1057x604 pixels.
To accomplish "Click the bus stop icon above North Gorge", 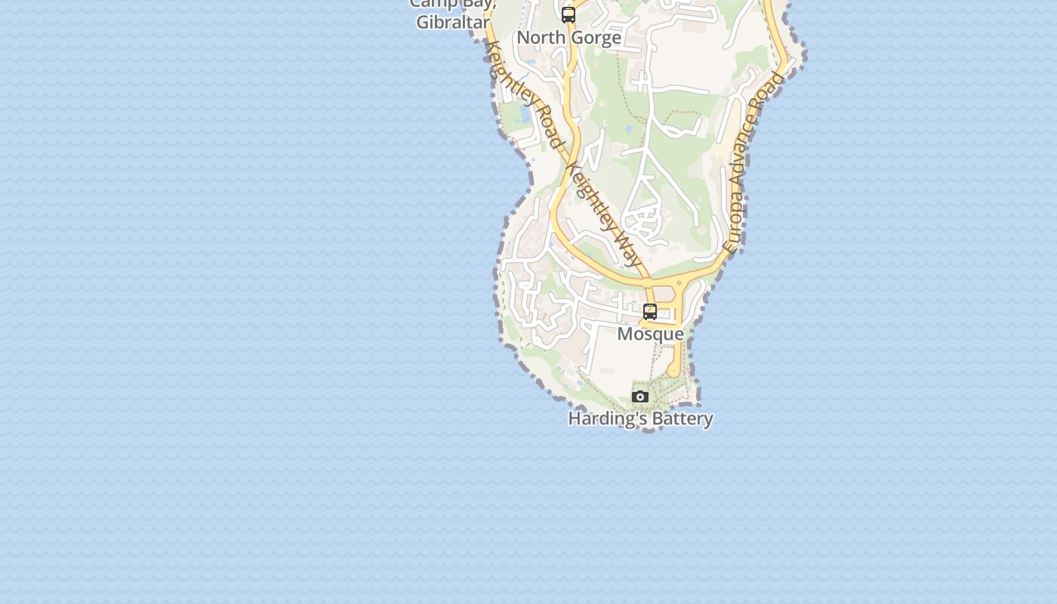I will click(x=569, y=14).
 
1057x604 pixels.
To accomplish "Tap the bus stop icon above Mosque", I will click(x=650, y=311).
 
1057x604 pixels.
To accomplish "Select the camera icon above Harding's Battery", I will click(x=640, y=397).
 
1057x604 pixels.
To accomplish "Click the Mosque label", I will click(x=651, y=334).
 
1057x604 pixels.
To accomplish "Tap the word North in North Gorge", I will click(x=541, y=38).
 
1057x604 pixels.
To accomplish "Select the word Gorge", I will click(x=596, y=38).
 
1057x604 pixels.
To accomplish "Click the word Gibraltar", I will click(x=453, y=23).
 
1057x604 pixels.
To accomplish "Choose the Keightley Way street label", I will click(x=605, y=214).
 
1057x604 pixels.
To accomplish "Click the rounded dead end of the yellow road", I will click(x=673, y=371).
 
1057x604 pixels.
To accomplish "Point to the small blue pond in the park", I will click(x=629, y=129).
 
